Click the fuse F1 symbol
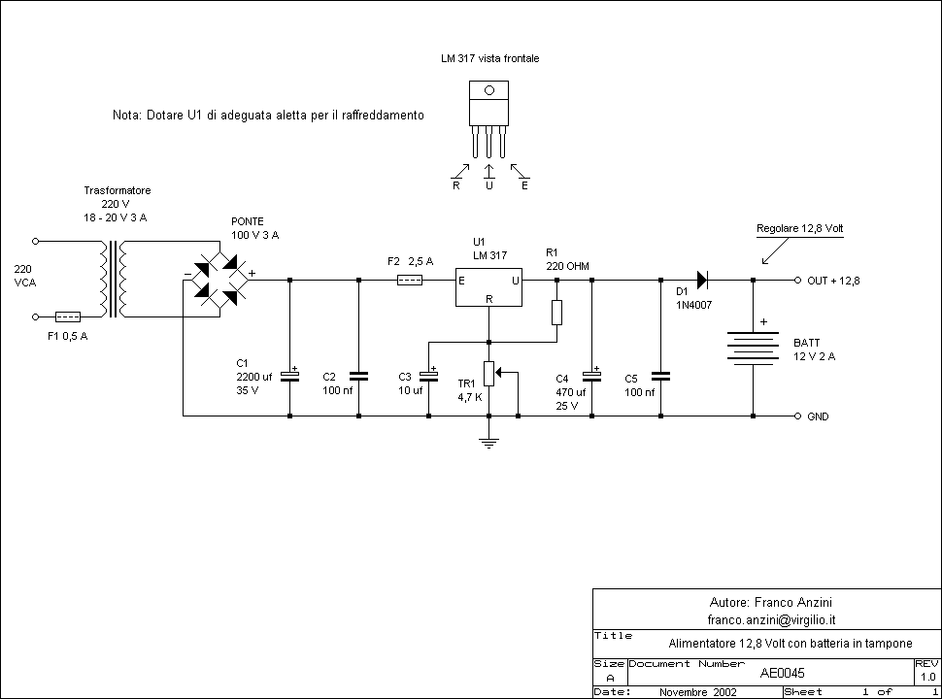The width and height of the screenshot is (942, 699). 67,316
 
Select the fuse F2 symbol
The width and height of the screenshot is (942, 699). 411,281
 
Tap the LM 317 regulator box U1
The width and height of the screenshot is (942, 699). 489,288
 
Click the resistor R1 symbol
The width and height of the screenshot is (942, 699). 556,312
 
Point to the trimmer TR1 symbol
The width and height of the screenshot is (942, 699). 489,373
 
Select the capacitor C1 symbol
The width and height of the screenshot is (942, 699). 289,376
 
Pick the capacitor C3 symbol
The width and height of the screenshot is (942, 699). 428,376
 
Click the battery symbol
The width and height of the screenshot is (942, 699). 754,348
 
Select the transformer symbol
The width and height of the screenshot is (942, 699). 115,279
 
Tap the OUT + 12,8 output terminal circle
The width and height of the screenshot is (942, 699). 795,281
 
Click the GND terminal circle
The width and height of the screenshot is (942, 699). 795,416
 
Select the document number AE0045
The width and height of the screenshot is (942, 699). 782,672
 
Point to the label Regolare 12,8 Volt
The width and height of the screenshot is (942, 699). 799,228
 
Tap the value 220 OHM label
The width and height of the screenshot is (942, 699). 567,265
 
